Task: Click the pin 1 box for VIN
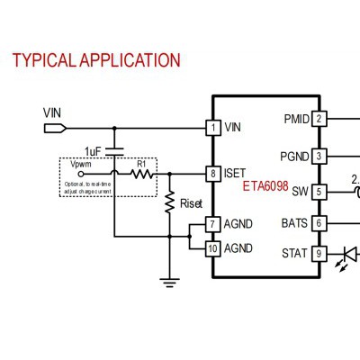[x=213, y=128]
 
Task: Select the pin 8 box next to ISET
[x=213, y=174]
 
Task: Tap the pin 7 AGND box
[x=213, y=224]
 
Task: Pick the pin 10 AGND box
[x=213, y=248]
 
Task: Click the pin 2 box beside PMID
[x=319, y=119]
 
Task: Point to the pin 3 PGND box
[x=319, y=156]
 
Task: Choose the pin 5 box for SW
[x=319, y=192]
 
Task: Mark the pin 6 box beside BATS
[x=319, y=223]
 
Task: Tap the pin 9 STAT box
[x=319, y=254]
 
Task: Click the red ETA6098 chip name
[x=265, y=186]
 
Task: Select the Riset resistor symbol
[x=170, y=202]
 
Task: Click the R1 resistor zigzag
[x=142, y=174]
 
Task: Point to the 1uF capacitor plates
[x=114, y=152]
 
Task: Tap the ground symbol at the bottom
[x=170, y=283]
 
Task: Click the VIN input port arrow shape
[x=55, y=129]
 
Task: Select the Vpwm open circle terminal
[x=81, y=174]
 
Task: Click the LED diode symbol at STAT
[x=350, y=254]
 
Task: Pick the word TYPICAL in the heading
[x=43, y=60]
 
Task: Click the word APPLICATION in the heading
[x=130, y=60]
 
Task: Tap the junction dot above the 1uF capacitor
[x=114, y=128]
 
